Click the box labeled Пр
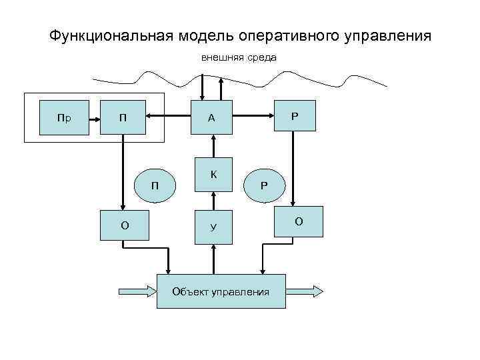(x=64, y=117)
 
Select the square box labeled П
(x=123, y=117)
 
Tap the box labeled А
(x=212, y=117)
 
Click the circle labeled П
(x=155, y=184)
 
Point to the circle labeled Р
(x=265, y=184)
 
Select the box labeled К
(x=213, y=175)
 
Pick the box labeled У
(x=213, y=226)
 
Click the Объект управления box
(x=221, y=291)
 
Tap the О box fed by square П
(x=124, y=225)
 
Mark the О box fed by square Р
(x=299, y=221)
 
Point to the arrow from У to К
(x=213, y=199)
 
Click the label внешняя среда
(x=239, y=57)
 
